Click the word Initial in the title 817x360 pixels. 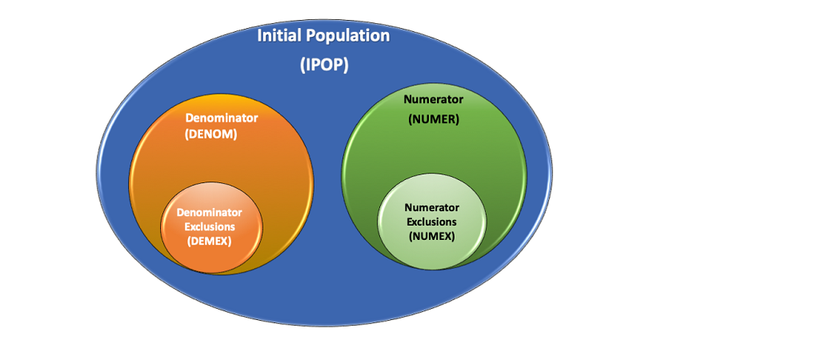(281, 36)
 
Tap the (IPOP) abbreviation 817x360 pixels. (324, 66)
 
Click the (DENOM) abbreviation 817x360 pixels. (210, 134)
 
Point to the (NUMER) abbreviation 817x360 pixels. (433, 119)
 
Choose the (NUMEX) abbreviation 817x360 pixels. (431, 236)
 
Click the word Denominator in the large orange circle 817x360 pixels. (222, 118)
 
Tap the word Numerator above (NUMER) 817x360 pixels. (433, 100)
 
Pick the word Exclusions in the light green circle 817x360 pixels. (431, 222)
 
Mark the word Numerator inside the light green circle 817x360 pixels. (431, 207)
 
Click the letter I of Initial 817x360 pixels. (259, 36)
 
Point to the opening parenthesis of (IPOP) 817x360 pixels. (303, 66)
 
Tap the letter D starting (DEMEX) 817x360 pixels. (194, 240)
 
